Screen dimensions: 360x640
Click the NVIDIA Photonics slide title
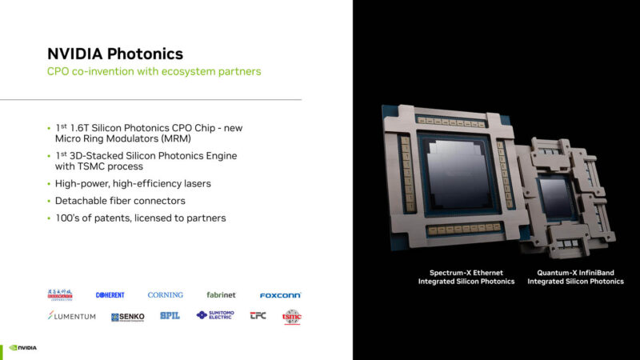coord(114,54)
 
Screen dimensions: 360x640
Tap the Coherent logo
coord(110,295)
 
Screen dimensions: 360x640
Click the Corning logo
coord(165,295)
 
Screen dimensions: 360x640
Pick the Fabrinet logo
coord(221,295)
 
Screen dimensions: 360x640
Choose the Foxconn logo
coord(280,295)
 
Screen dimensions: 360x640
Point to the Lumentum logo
coord(72,316)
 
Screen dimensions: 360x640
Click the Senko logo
coord(128,317)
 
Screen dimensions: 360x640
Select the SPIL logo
coord(170,316)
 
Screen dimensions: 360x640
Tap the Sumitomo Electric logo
coord(215,316)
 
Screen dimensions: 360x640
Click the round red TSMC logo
coord(292,316)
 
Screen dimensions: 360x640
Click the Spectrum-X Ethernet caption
coord(466,277)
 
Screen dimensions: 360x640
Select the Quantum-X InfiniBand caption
coord(575,277)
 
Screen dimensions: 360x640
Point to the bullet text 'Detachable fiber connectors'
coord(120,200)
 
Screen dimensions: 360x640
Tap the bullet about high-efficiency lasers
coord(133,183)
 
